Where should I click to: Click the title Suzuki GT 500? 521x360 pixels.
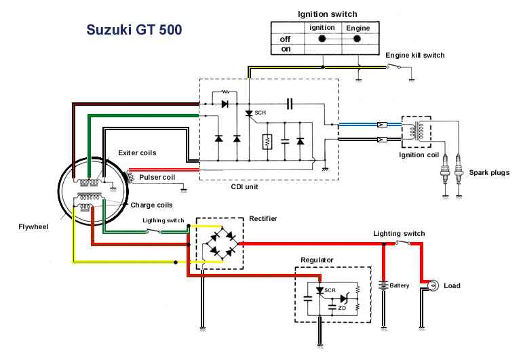coord(134,31)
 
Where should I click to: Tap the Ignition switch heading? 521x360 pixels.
coord(327,14)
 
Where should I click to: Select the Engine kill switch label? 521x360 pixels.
coord(415,55)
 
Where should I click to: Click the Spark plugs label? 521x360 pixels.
coord(489,173)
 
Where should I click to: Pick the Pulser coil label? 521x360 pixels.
coord(157,177)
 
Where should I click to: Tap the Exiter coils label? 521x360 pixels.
coord(137,153)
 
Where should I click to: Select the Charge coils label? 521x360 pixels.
coord(151,204)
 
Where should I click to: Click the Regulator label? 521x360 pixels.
coord(320,260)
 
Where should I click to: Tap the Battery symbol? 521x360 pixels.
coord(384,285)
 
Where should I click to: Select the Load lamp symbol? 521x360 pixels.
coord(432,285)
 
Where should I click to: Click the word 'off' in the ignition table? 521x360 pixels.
coord(285,39)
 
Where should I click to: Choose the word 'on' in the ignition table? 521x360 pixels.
coord(285,49)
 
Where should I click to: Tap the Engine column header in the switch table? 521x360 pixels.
coord(358,28)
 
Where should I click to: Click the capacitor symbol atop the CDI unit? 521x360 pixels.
coord(290,104)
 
